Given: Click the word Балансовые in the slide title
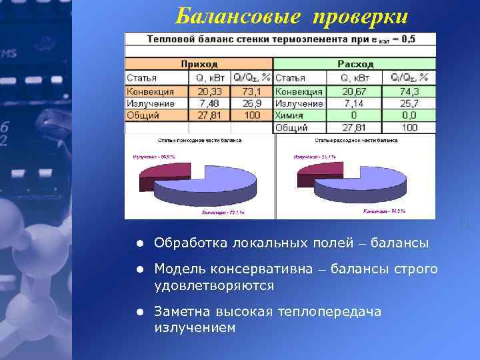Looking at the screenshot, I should pyautogui.click(x=223, y=17).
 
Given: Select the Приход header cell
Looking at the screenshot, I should pyautogui.click(x=199, y=64).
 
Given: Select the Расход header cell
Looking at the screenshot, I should pyautogui.click(x=355, y=64).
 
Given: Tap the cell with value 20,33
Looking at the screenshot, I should pyautogui.click(x=210, y=91).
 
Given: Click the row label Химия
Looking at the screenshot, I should pyautogui.click(x=291, y=115).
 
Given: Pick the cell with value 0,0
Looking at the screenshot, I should pyautogui.click(x=409, y=115).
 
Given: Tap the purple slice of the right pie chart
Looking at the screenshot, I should pyautogui.click(x=311, y=175).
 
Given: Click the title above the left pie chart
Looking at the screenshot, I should pyautogui.click(x=199, y=141).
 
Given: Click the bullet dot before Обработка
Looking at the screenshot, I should pyautogui.click(x=141, y=243).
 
